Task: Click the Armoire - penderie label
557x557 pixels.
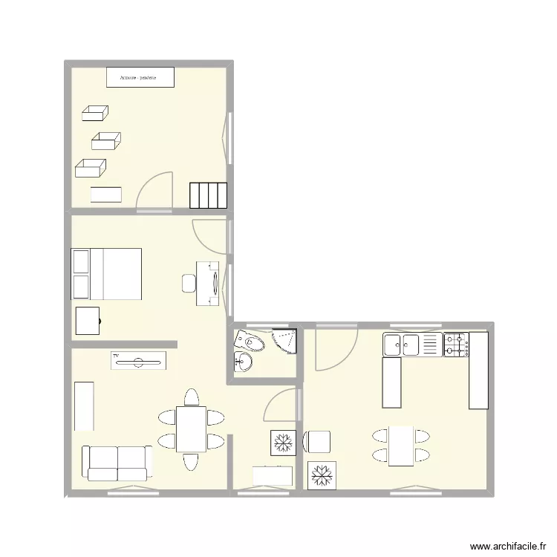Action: pos(140,76)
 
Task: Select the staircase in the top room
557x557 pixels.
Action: pos(208,195)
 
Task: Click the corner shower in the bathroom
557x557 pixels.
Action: pos(285,340)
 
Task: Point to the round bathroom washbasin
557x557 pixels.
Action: pos(244,362)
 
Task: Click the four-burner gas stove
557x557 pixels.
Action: pos(456,345)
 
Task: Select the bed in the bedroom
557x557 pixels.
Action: pos(106,273)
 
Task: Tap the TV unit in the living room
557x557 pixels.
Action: pos(138,361)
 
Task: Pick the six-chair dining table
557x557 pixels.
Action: pos(191,429)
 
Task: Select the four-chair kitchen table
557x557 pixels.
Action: pos(401,445)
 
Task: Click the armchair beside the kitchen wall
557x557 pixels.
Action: pos(316,440)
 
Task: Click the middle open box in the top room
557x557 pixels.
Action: pos(105,140)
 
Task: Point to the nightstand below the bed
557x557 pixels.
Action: pos(88,321)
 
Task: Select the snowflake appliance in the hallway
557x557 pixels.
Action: pos(282,442)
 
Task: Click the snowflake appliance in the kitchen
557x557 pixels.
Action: pos(322,475)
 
